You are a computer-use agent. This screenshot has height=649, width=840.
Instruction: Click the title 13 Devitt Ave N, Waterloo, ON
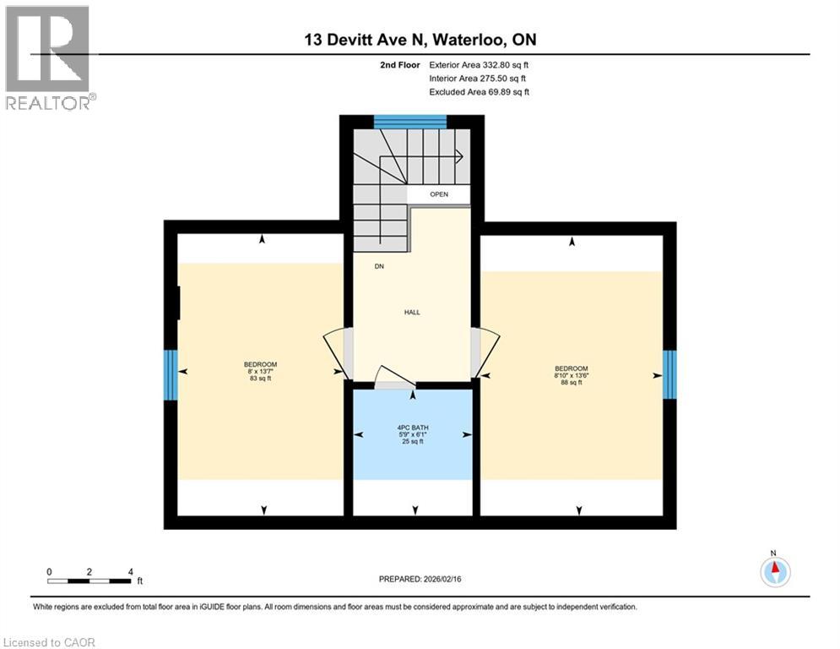click(420, 39)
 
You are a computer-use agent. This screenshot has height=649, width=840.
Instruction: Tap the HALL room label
click(412, 313)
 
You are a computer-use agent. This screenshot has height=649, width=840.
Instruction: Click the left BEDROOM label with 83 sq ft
click(260, 371)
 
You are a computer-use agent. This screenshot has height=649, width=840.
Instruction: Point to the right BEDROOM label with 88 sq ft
click(571, 375)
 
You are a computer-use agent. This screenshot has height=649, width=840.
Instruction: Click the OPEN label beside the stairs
click(439, 194)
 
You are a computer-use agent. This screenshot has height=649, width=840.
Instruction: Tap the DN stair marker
click(381, 266)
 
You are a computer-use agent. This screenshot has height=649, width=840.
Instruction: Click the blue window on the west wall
click(171, 375)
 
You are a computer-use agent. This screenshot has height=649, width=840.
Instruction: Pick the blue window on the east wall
click(669, 374)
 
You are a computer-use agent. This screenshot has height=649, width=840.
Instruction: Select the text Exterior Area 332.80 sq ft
click(479, 64)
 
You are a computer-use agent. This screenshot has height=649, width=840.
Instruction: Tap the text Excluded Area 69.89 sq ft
click(479, 92)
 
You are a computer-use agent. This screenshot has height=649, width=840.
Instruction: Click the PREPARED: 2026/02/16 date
click(420, 579)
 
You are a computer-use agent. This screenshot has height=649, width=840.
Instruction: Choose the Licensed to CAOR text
click(51, 642)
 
